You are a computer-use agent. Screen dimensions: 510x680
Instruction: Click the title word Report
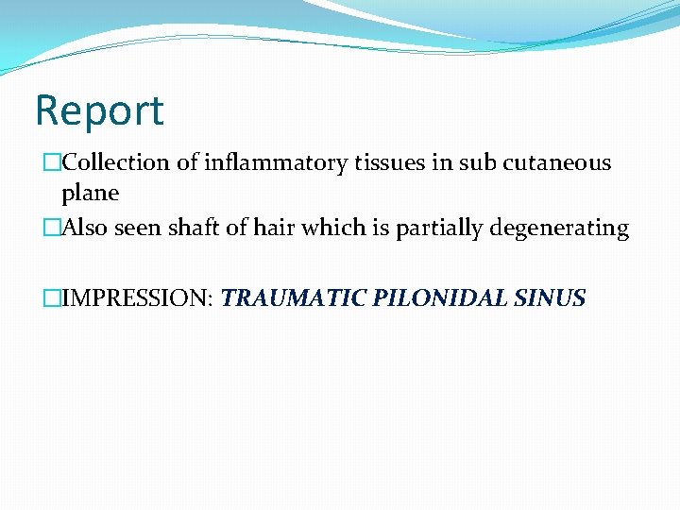coord(99,110)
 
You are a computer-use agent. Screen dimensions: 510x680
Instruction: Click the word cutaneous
coord(557,162)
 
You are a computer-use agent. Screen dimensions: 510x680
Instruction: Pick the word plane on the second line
coord(90,193)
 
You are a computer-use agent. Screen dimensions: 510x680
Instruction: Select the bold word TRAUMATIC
coord(295,299)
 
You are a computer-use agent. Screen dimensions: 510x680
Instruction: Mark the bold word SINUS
coord(551,299)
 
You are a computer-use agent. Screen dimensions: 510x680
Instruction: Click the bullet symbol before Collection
coord(51,162)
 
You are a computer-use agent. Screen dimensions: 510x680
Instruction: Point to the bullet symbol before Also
coord(51,229)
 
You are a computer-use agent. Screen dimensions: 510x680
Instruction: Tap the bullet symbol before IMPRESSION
coord(51,299)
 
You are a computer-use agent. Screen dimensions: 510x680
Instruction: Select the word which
coord(323,229)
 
